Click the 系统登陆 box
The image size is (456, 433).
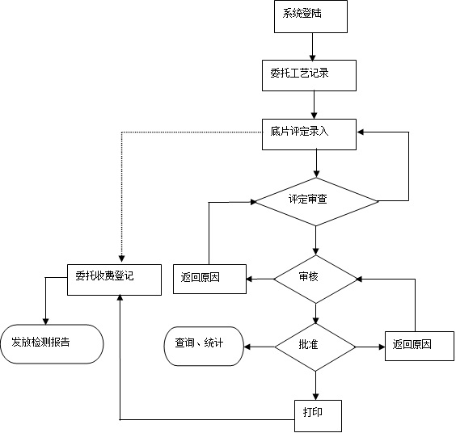(310, 16)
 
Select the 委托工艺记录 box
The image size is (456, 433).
(309, 76)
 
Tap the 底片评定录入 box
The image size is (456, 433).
(309, 134)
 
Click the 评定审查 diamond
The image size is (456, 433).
(316, 202)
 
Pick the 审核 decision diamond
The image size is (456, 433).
(316, 280)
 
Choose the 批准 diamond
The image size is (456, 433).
(315, 347)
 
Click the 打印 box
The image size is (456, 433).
(318, 416)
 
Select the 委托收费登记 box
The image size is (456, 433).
(114, 280)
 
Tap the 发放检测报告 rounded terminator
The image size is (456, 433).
(52, 344)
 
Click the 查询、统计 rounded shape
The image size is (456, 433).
(204, 346)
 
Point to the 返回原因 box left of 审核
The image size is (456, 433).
(209, 279)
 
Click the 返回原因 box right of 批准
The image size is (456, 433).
(420, 346)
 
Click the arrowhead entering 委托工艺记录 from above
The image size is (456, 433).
(313, 57)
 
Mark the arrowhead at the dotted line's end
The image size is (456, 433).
(122, 259)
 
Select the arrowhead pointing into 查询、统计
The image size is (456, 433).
(247, 347)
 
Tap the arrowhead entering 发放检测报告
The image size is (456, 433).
(45, 322)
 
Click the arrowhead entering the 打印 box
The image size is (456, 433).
(316, 397)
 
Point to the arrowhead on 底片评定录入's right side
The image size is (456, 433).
(361, 132)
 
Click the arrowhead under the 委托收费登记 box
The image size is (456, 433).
(120, 297)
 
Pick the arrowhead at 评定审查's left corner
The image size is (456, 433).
(253, 202)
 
